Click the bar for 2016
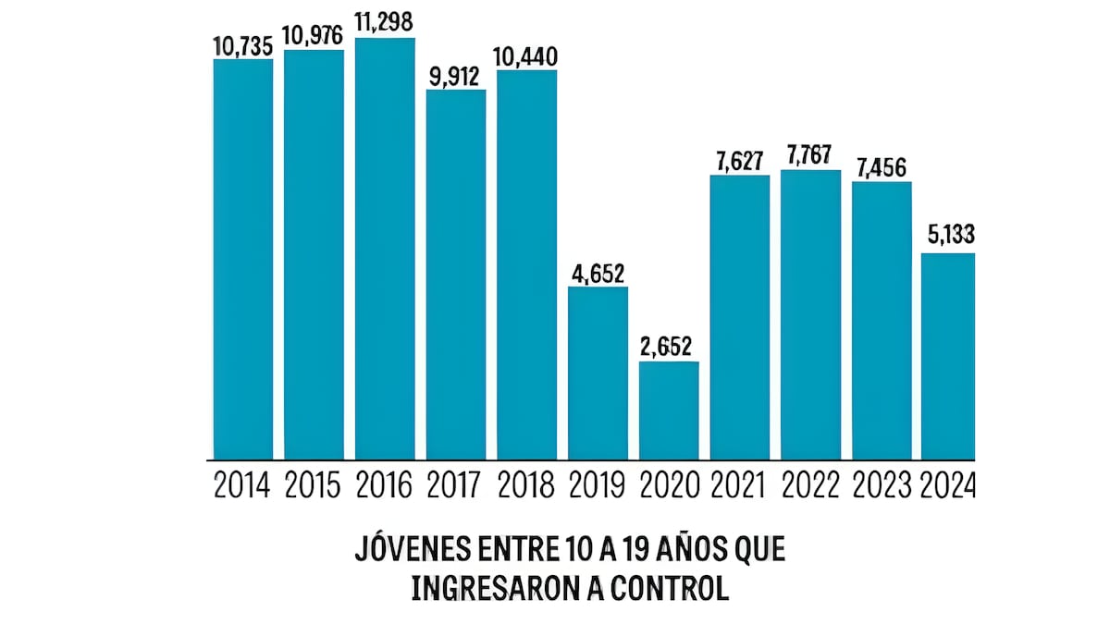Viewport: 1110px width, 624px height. (x=385, y=249)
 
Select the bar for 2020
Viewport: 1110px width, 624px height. (x=669, y=410)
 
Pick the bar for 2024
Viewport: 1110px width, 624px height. (x=948, y=356)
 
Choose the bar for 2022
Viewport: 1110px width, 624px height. (x=810, y=314)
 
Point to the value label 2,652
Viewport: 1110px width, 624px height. (x=669, y=347)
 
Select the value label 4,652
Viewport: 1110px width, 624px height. (x=598, y=273)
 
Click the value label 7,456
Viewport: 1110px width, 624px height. (x=881, y=167)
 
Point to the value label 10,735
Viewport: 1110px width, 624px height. (x=243, y=44)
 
